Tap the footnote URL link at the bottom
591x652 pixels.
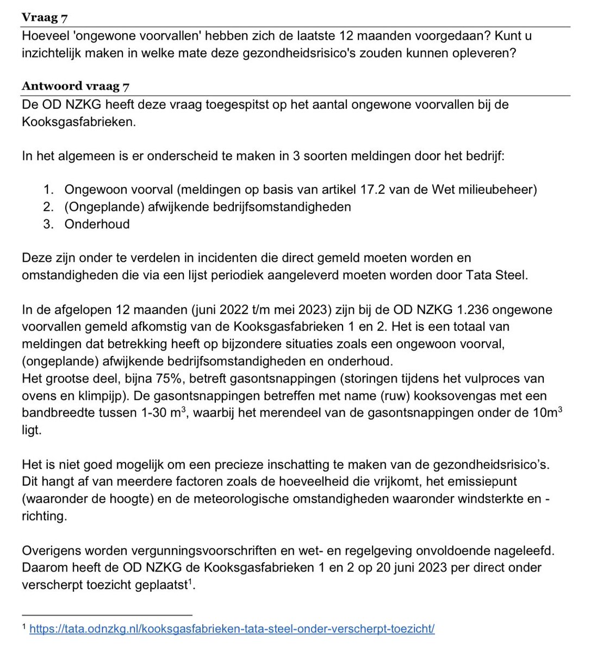coord(232,629)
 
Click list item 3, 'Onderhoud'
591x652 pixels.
coord(97,224)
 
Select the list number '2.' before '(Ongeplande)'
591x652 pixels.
coord(49,206)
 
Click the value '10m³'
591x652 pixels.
coord(545,412)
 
